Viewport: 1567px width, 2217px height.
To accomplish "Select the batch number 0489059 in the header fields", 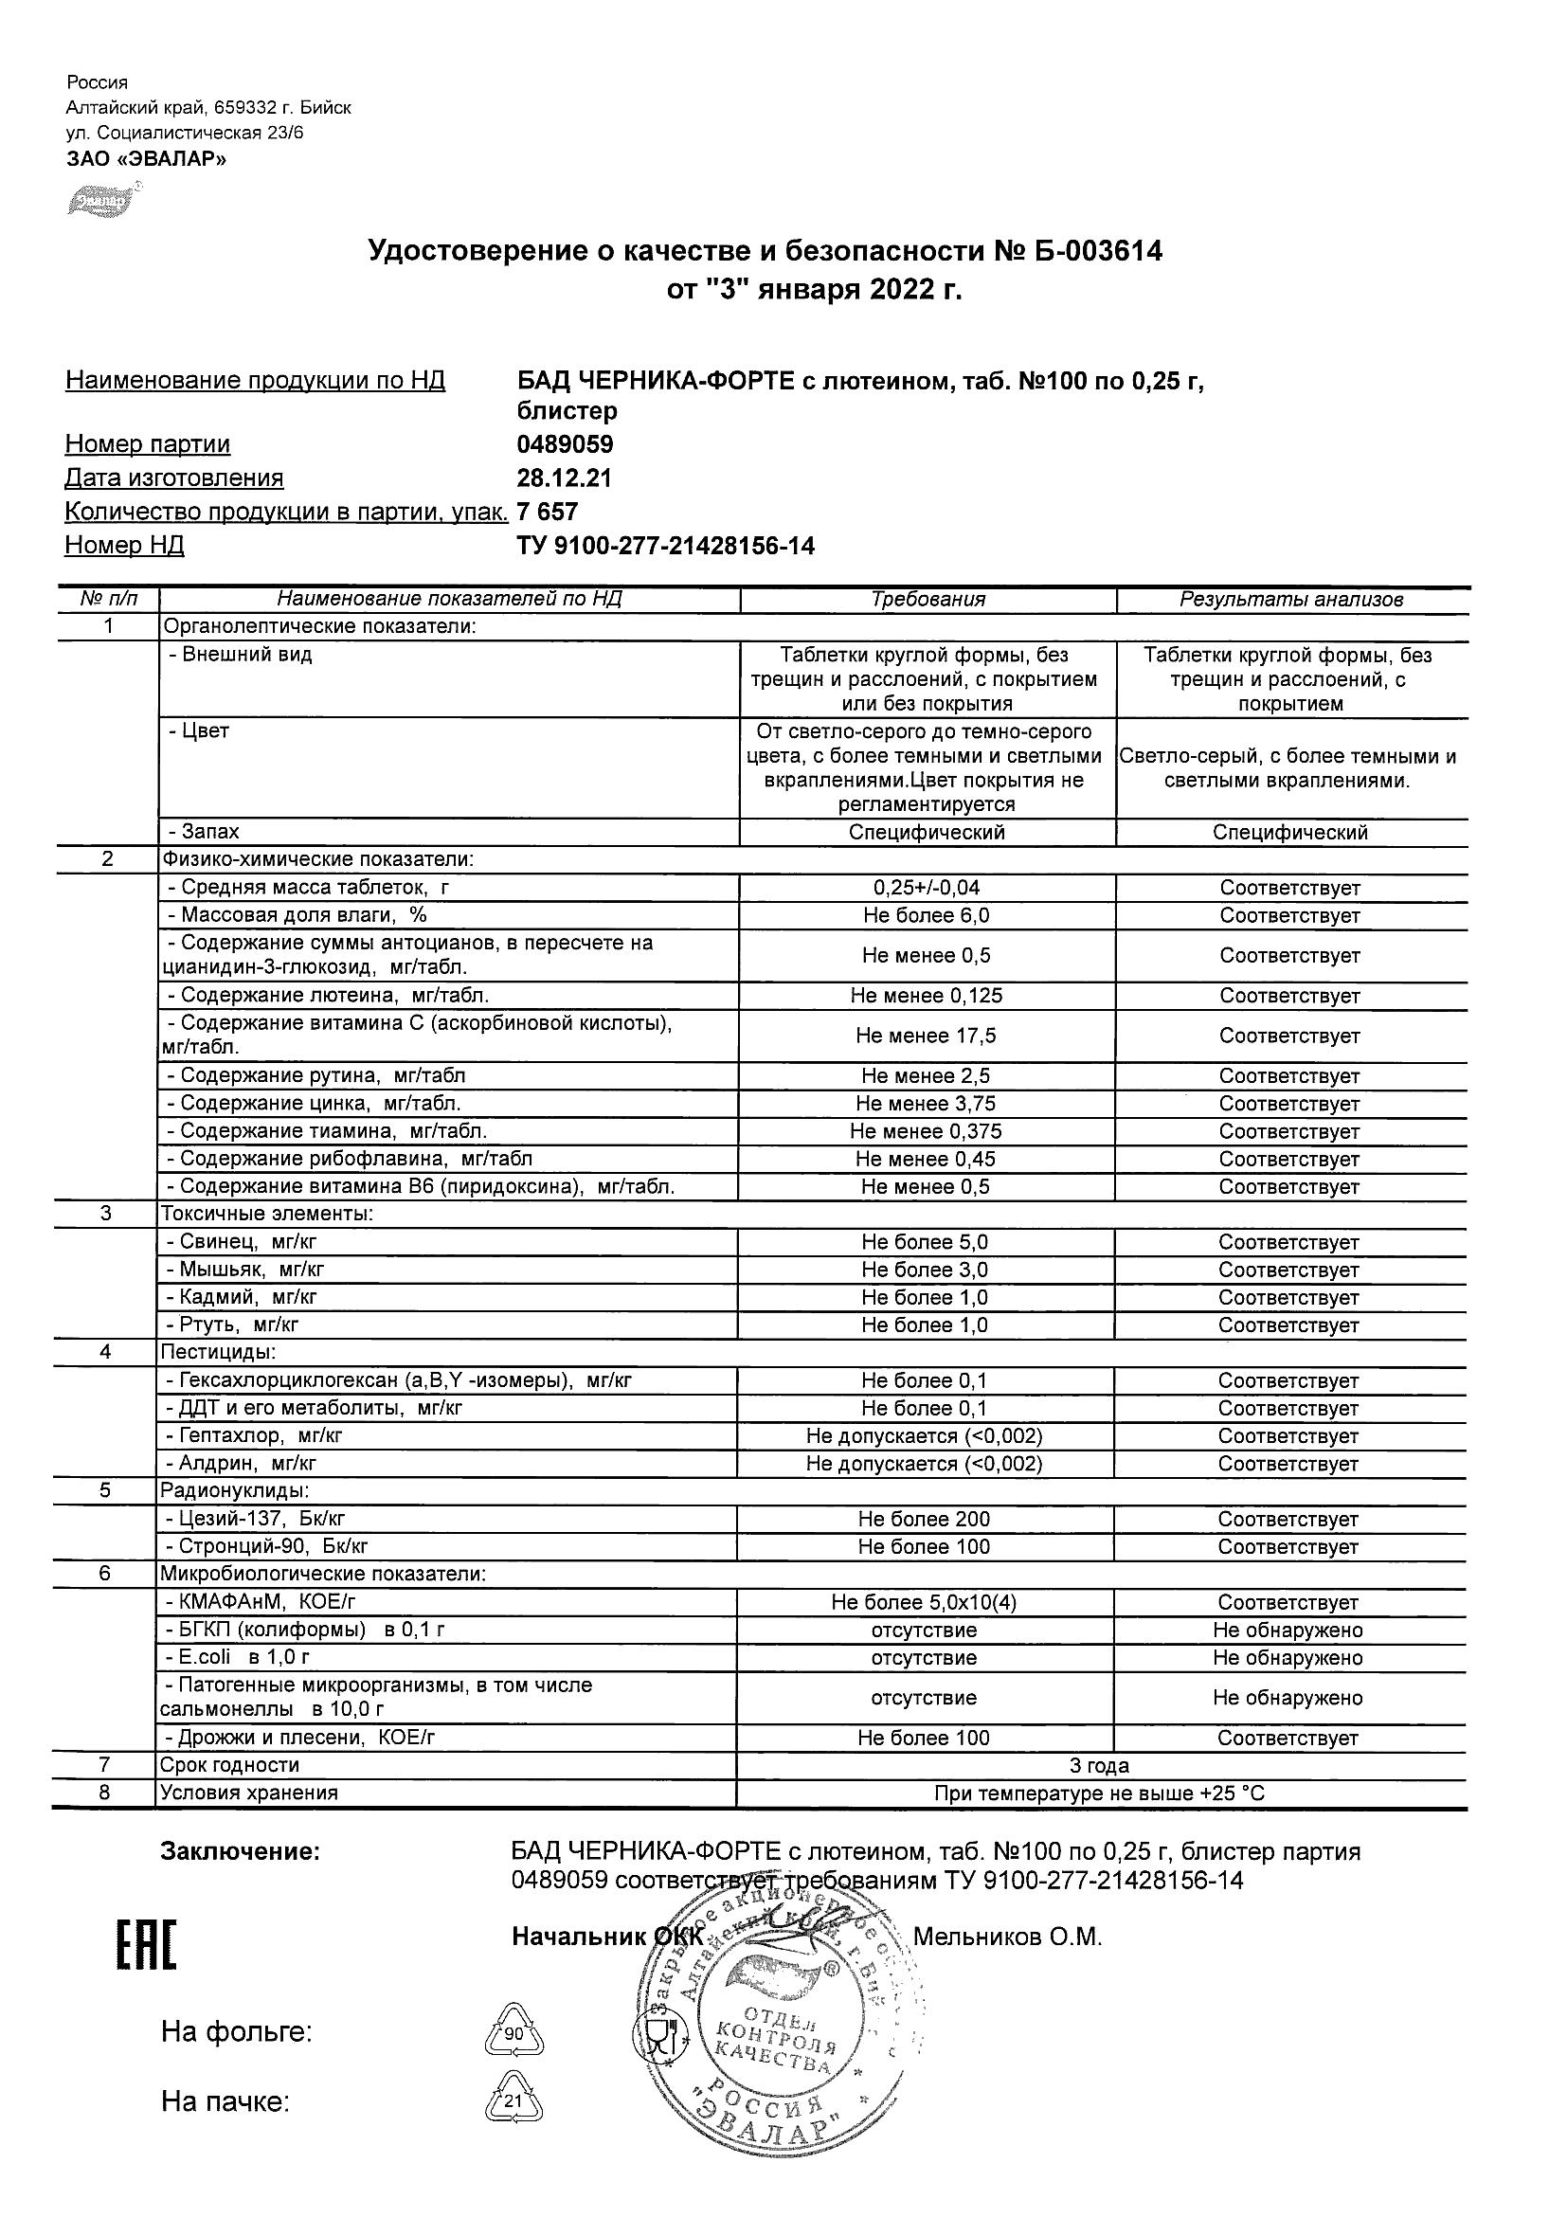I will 565,445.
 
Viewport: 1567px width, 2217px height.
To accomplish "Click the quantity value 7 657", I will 548,512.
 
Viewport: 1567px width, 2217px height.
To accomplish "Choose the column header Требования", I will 927,600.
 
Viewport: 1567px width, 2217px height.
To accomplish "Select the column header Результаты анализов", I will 1291,600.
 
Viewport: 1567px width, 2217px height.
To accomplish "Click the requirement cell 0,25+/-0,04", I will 926,888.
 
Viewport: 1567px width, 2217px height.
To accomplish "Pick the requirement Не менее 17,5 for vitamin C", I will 926,1036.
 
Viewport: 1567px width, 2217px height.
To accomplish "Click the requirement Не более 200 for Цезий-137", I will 924,1519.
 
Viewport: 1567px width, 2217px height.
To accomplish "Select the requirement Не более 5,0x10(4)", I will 924,1603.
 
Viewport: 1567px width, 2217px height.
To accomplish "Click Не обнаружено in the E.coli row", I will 1288,1658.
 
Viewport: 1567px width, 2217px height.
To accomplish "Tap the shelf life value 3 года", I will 1099,1765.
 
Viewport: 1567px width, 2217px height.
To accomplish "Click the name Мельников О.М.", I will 1007,1937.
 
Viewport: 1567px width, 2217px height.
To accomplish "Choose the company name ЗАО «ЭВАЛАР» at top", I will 147,159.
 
